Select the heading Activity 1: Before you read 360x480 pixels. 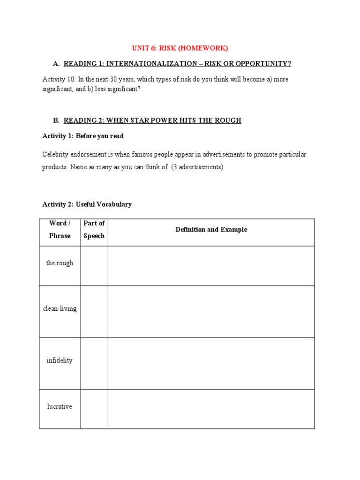pos(83,136)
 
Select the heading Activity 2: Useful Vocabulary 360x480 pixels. pos(87,204)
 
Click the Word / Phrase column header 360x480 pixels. pos(60,229)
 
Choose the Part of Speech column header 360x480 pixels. pos(94,229)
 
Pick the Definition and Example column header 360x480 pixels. pos(211,230)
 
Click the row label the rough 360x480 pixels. pos(60,263)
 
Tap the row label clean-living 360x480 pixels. pos(60,309)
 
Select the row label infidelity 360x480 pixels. pos(60,361)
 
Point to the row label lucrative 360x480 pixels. pos(60,407)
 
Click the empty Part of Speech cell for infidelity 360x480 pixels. pos(94,363)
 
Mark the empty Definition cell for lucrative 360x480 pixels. pos(211,409)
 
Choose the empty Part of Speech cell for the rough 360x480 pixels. pos(94,266)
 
